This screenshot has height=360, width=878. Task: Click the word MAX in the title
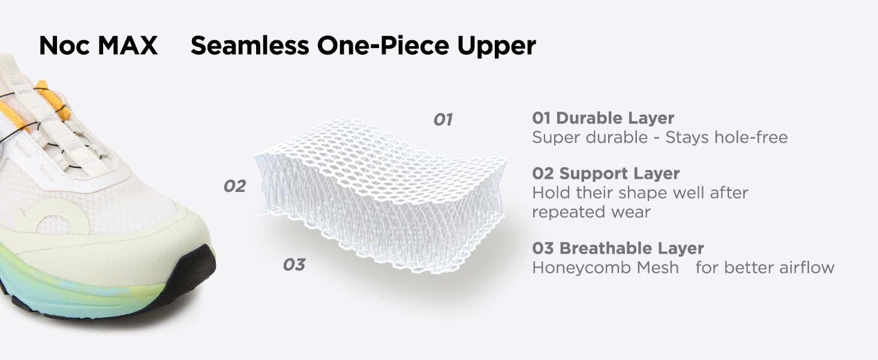pos(127,46)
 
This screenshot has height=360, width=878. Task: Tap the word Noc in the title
pos(65,46)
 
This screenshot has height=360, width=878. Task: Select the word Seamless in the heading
pos(249,46)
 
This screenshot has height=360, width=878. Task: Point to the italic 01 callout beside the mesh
pos(443,120)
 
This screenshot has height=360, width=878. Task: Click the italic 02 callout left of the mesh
pos(234,186)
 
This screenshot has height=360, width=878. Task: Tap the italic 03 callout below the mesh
pos(294,265)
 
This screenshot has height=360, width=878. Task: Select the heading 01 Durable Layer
pos(603,118)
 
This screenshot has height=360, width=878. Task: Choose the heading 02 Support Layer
pos(606,174)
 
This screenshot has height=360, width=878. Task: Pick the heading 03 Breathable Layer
pos(618,248)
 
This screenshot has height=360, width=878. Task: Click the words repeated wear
pos(591,212)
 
